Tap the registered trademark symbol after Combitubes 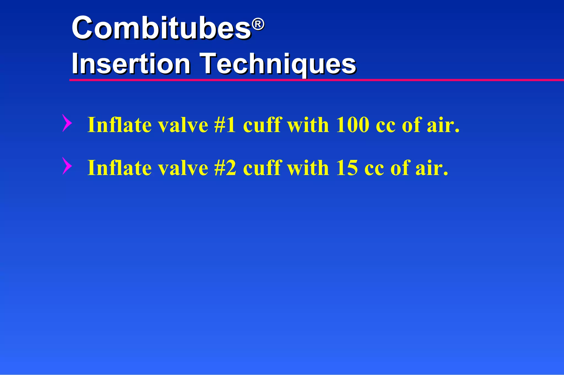(x=258, y=25)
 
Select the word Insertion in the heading (x=131, y=64)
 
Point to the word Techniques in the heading (x=278, y=64)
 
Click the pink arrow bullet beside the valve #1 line (x=67, y=123)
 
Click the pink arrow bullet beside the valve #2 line (x=67, y=166)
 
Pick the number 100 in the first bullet (x=352, y=125)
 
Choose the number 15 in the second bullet (x=347, y=168)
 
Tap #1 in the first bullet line (x=225, y=125)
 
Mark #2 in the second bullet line (x=225, y=168)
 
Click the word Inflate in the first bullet (x=120, y=125)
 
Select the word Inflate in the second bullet (x=120, y=168)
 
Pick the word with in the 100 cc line (x=308, y=125)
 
